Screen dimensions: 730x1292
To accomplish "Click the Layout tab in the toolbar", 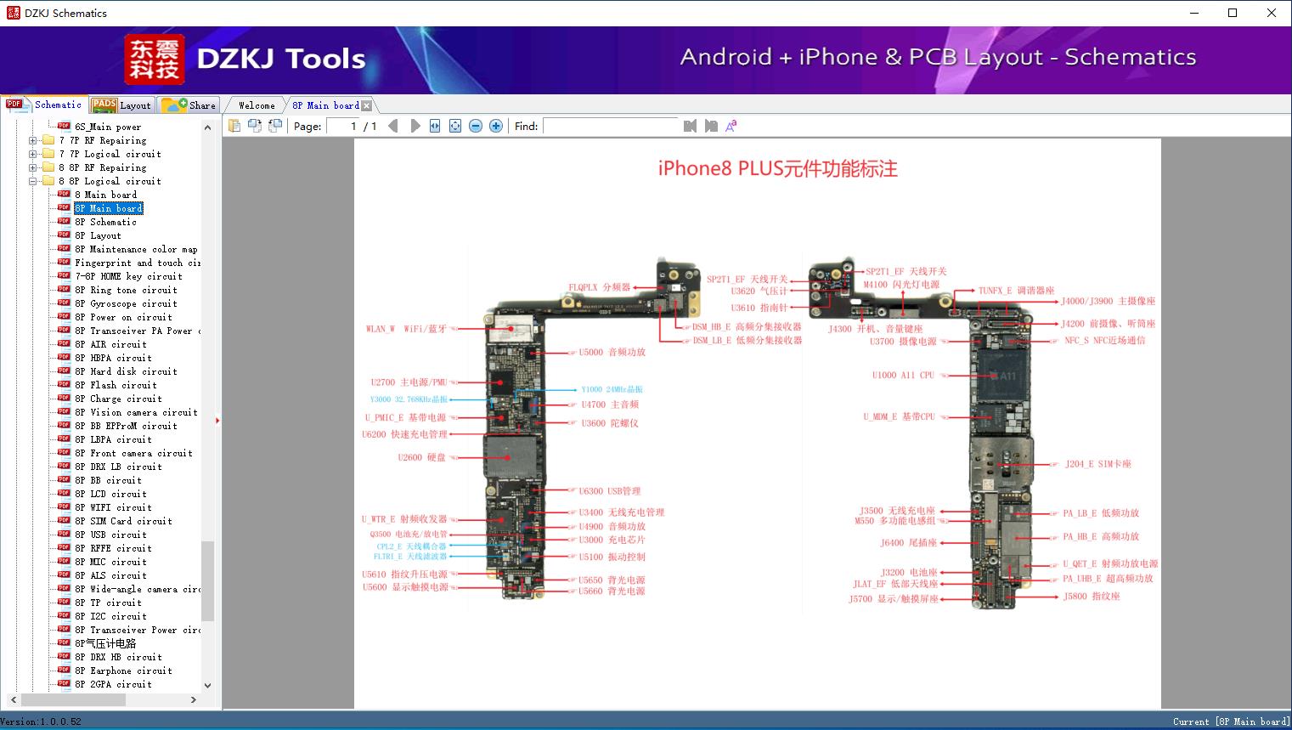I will click(x=122, y=105).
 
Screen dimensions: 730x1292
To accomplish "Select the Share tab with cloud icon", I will click(x=189, y=105).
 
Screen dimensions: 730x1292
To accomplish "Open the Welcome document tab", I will click(x=257, y=105).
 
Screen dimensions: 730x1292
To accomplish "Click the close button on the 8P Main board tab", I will click(x=367, y=105).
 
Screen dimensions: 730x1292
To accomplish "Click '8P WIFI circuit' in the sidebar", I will click(x=112, y=507).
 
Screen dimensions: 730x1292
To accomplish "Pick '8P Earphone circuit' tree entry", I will click(x=122, y=671).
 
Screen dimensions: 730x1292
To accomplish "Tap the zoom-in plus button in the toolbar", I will click(x=496, y=126).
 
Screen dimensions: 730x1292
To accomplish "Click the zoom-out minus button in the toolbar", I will click(x=476, y=126).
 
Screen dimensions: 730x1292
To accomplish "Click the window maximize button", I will click(x=1233, y=13).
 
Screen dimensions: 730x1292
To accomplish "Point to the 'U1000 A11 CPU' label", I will click(x=902, y=375).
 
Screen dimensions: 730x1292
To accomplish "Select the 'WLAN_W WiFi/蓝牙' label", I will click(x=406, y=329).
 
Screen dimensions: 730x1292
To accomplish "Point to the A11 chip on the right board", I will click(x=1002, y=376).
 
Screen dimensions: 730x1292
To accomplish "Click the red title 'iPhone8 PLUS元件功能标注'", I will click(x=777, y=168).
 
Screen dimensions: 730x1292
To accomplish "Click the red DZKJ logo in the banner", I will click(x=154, y=59).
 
